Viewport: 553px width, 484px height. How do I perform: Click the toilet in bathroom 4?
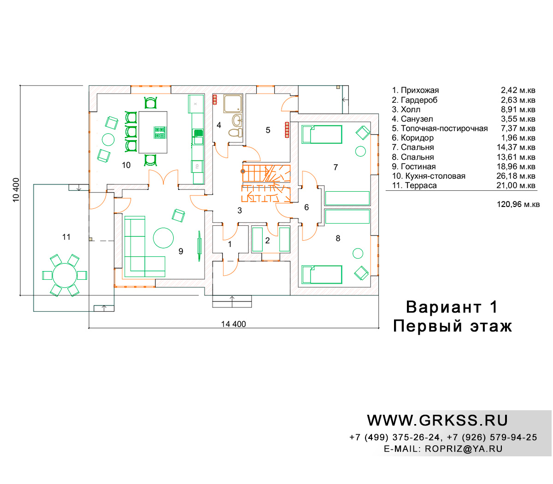pyautogui.click(x=235, y=132)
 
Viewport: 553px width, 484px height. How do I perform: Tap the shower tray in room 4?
pyautogui.click(x=233, y=103)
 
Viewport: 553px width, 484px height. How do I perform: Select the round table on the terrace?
pyautogui.click(x=65, y=275)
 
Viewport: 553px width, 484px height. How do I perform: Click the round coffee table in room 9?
pyautogui.click(x=163, y=238)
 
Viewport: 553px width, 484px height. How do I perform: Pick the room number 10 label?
pyautogui.click(x=126, y=165)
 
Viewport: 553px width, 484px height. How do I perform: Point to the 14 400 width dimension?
pyautogui.click(x=234, y=324)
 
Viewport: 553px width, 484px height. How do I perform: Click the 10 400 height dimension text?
pyautogui.click(x=16, y=190)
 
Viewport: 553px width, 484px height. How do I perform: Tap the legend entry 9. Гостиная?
pyautogui.click(x=414, y=166)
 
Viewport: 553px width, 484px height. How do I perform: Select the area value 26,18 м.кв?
pyautogui.click(x=516, y=176)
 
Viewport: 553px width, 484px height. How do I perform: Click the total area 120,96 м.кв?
pyautogui.click(x=518, y=204)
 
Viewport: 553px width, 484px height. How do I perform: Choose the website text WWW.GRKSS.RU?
pyautogui.click(x=437, y=420)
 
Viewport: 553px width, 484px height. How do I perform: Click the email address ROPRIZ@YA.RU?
pyautogui.click(x=464, y=449)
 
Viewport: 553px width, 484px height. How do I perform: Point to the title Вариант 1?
pyautogui.click(x=452, y=307)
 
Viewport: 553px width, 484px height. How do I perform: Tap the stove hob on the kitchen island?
pyautogui.click(x=160, y=132)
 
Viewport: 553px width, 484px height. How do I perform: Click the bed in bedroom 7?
pyautogui.click(x=322, y=134)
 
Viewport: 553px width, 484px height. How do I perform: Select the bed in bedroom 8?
pyautogui.click(x=322, y=274)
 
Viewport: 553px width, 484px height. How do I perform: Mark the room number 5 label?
pyautogui.click(x=268, y=130)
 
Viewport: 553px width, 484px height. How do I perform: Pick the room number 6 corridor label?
pyautogui.click(x=306, y=207)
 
